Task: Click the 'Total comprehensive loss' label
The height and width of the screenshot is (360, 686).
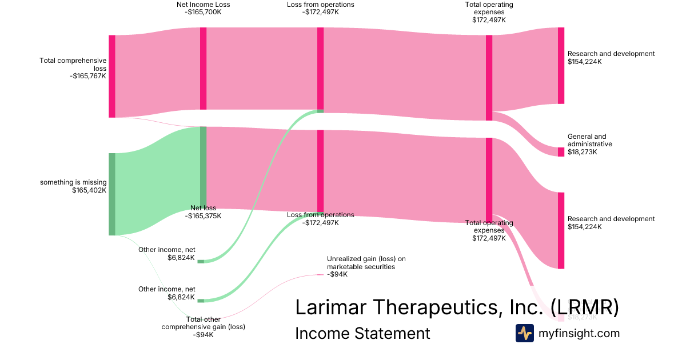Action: click(73, 64)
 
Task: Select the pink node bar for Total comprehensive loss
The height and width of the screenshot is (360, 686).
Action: click(112, 76)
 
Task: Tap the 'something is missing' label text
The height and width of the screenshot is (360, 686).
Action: click(73, 182)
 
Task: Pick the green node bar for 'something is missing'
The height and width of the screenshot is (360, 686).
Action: click(112, 194)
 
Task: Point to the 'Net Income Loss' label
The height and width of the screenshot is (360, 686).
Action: click(203, 5)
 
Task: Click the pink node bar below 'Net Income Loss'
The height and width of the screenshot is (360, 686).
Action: click(203, 68)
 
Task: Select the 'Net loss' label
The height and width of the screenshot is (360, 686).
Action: click(203, 208)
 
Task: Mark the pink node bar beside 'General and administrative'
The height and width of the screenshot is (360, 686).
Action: click(561, 151)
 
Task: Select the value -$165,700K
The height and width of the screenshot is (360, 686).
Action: click(203, 12)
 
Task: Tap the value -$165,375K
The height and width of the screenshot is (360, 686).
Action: click(203, 216)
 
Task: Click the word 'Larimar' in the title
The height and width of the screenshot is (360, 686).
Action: click(334, 307)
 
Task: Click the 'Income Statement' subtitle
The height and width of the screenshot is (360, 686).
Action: click(362, 333)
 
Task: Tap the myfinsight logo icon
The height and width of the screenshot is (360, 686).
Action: click(524, 333)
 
